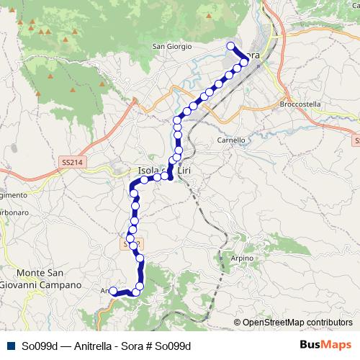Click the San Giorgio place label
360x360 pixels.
[172, 47]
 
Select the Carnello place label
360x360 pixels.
[231, 140]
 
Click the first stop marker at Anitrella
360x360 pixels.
[112, 291]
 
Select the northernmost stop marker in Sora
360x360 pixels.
[231, 46]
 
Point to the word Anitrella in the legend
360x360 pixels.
[84, 346]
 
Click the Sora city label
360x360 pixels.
[252, 55]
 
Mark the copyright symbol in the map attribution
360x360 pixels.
[237, 323]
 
